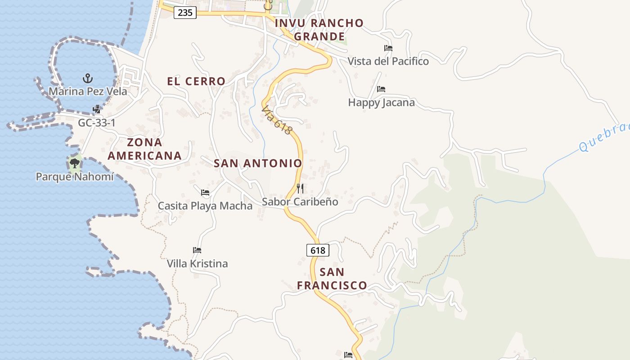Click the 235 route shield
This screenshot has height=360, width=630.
tap(185, 13)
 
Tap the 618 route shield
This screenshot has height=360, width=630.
tap(318, 250)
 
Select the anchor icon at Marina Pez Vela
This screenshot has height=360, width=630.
tap(88, 79)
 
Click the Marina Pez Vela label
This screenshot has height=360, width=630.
tap(88, 91)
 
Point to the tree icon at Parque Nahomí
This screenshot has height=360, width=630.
tap(75, 163)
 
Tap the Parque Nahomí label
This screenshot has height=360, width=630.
tap(75, 176)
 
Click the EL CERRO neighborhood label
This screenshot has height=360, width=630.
tap(196, 81)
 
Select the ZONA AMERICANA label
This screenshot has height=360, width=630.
tap(145, 149)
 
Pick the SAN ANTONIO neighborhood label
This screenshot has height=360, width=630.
tap(258, 163)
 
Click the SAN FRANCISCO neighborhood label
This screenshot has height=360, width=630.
tap(332, 279)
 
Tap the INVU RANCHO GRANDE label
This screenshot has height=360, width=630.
tap(319, 30)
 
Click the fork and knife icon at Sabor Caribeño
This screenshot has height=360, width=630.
tap(300, 188)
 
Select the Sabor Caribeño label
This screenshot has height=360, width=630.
tap(300, 202)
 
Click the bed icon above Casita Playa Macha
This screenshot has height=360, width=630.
tap(205, 193)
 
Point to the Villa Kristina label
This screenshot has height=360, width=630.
tap(197, 263)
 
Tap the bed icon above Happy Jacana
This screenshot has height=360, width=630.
tap(381, 89)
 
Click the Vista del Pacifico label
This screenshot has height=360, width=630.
tap(388, 61)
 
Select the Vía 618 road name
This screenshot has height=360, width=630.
tap(277, 120)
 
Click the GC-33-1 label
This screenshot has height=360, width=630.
tap(97, 122)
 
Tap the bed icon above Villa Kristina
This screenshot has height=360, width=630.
tap(197, 250)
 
